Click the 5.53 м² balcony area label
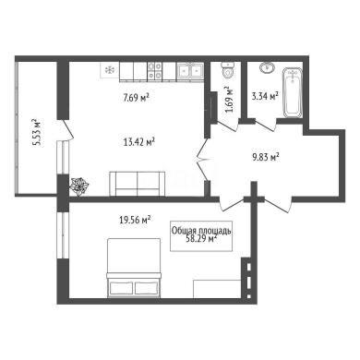tap(37, 132)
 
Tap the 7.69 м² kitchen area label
tap(136, 98)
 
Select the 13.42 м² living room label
tap(138, 142)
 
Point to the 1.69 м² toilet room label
tap(229, 100)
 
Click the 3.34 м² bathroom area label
tap(265, 96)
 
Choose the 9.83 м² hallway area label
tap(266, 157)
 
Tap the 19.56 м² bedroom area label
tap(135, 220)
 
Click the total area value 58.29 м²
tap(201, 239)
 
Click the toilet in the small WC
tap(228, 70)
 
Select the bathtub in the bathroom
tap(293, 92)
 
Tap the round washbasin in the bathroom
tap(268, 67)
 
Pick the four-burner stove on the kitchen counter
tap(154, 71)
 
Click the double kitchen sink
tap(190, 71)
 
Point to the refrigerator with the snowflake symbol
tap(109, 70)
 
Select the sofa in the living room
tap(138, 184)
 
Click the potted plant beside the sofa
tap(79, 186)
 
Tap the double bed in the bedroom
tap(134, 268)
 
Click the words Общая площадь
tap(201, 231)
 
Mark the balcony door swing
tap(67, 129)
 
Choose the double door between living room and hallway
tap(203, 159)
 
